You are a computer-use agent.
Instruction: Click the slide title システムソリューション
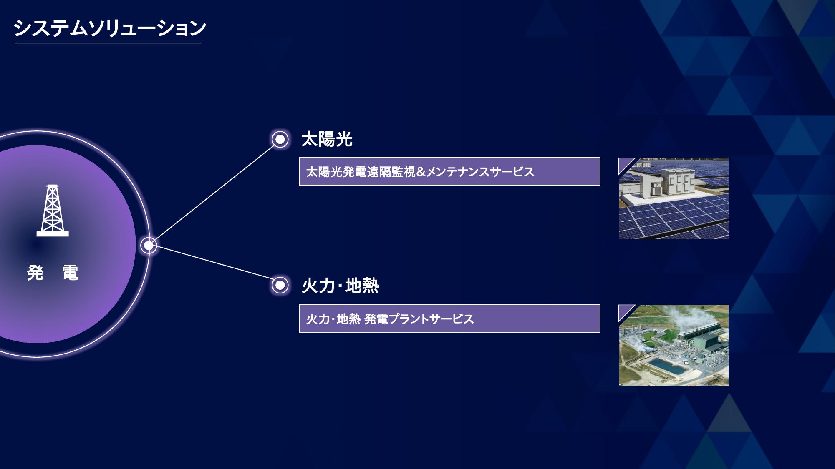[110, 28]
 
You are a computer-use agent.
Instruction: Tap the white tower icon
[53, 211]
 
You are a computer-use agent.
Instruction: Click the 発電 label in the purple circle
[53, 273]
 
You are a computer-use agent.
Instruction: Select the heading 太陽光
[327, 139]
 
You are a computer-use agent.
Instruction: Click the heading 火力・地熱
[340, 286]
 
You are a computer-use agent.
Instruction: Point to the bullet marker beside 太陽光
[280, 139]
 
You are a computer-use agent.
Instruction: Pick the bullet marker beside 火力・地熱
[280, 286]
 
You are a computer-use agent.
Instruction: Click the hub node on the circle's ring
[149, 245]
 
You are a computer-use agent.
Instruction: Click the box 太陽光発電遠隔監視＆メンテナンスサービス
[450, 171]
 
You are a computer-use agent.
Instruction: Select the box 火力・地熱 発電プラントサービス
[450, 319]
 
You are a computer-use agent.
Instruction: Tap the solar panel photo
[674, 198]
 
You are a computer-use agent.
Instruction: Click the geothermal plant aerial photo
[674, 346]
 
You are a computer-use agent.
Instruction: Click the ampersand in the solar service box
[421, 171]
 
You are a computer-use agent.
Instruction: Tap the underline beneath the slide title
[108, 43]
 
